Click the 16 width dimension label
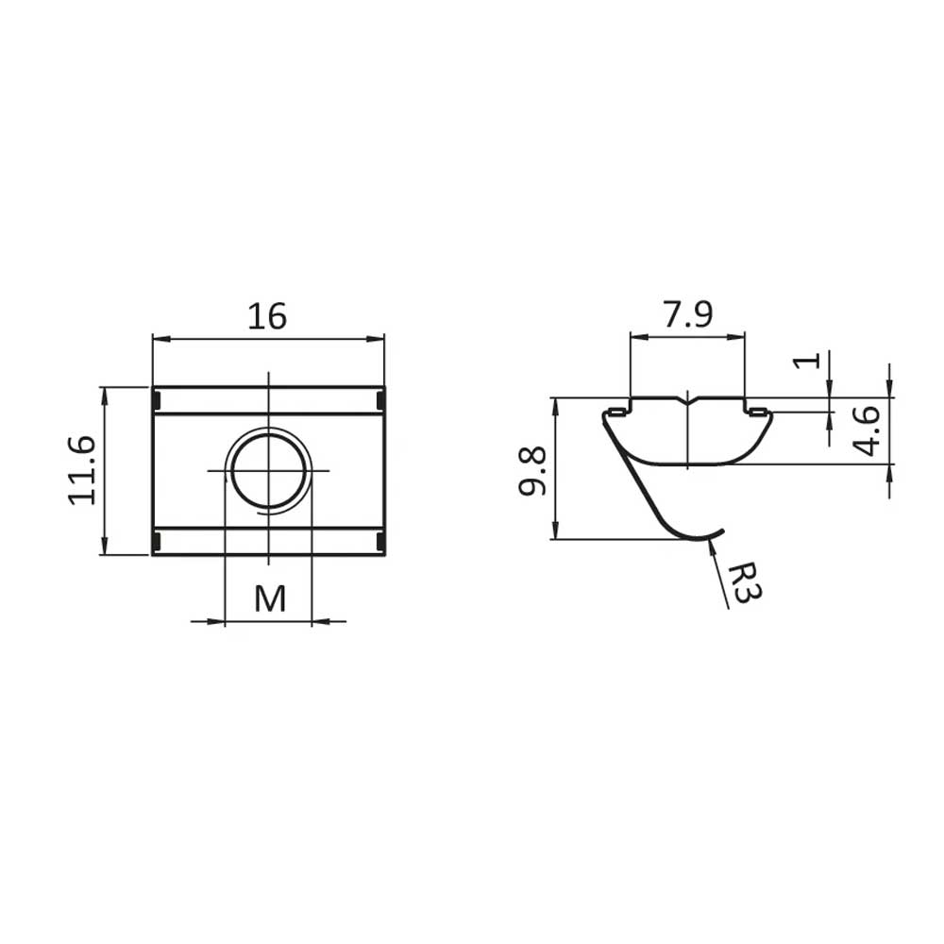pyautogui.click(x=267, y=316)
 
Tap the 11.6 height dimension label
pyautogui.click(x=82, y=470)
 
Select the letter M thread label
pyautogui.click(x=270, y=598)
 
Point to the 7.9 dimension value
pyautogui.click(x=688, y=315)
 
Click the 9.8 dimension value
pyautogui.click(x=532, y=471)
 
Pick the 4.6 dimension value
pyautogui.click(x=867, y=431)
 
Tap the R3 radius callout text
pyautogui.click(x=746, y=583)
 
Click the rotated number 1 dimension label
pyautogui.click(x=807, y=361)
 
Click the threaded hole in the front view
pyautogui.click(x=268, y=470)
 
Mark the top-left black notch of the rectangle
pyautogui.click(x=157, y=399)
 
